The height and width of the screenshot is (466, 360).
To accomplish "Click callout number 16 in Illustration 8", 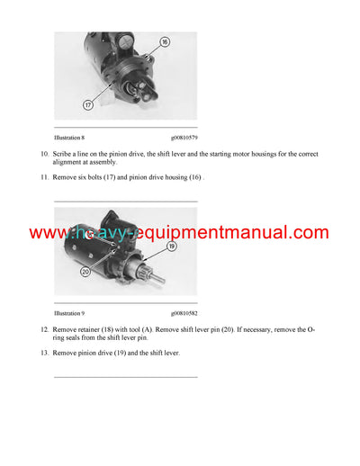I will (165, 42).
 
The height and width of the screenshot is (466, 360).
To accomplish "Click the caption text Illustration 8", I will (72, 139).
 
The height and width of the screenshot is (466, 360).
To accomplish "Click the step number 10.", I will (45, 156).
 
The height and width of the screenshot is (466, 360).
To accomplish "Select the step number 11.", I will (45, 178).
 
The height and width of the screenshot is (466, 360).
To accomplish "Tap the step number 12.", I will (45, 330).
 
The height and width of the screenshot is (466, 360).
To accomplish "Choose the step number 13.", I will (45, 353).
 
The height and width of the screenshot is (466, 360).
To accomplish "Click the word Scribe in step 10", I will (65, 156).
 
